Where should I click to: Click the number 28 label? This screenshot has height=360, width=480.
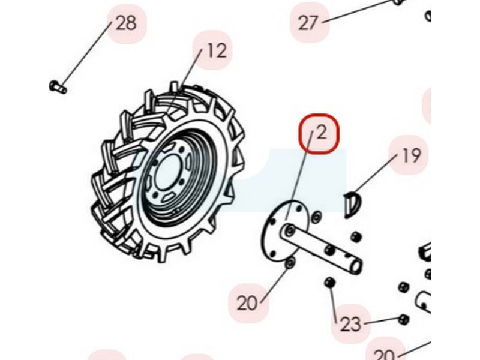point(126,23)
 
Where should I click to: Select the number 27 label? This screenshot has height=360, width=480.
point(308,23)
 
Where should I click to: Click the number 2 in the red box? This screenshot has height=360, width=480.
point(322,133)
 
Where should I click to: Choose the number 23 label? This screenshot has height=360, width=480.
point(351,324)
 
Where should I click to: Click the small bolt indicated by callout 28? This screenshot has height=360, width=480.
point(58,86)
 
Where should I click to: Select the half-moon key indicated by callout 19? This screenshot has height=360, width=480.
point(352,203)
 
